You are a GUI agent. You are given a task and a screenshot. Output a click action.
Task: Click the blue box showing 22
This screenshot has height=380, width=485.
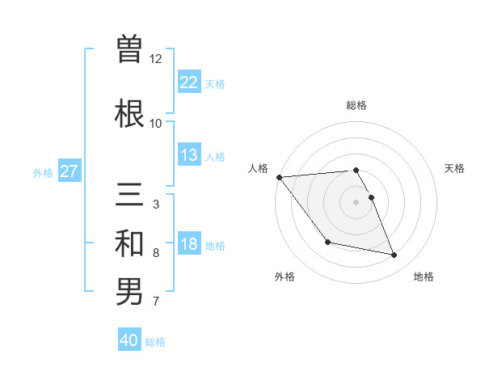point(188,82)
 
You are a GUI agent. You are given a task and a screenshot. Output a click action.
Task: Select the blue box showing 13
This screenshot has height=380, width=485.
point(188,155)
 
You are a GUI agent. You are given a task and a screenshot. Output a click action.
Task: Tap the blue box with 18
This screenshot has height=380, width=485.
point(188,244)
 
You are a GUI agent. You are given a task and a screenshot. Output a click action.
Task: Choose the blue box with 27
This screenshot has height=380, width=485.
point(69,171)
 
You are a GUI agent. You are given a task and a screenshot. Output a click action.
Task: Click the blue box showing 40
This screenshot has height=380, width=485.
point(129,340)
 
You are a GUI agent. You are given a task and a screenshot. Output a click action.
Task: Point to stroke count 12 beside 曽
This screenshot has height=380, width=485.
point(156,59)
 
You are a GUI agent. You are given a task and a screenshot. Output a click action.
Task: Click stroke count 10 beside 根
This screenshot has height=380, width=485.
point(156,124)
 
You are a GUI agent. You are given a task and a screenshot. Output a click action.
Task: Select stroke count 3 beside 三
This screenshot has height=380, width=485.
point(156,205)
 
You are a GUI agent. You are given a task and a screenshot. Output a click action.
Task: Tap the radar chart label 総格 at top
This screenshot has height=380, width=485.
point(356,105)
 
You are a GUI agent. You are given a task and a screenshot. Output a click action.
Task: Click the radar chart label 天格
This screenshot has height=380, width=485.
point(454,168)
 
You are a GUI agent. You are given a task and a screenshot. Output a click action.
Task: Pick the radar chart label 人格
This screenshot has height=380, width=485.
point(259,168)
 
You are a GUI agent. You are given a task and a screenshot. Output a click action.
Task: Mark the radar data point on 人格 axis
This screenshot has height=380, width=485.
point(279,177)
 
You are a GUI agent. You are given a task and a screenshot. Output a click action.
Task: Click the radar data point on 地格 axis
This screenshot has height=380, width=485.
point(394,255)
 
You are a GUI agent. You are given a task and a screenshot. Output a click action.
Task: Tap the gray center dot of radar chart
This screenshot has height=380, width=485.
point(356,202)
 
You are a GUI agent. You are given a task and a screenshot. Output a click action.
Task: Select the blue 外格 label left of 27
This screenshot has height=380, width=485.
point(43,172)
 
